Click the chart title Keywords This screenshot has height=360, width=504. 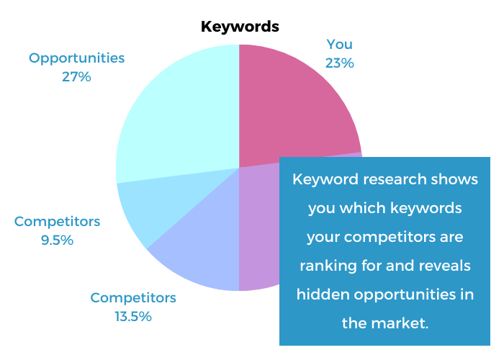pos(240,27)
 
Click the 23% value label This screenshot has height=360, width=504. pos(339,63)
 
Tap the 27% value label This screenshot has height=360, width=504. pos(76,77)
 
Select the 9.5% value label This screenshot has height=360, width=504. pos(57,240)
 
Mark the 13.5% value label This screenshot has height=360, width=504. pos(133,317)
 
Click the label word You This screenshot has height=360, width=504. pos(339,45)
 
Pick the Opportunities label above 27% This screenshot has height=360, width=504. pos(76,59)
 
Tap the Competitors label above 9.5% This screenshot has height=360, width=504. pos(57,222)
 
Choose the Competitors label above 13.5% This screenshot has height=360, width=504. pos(133,298)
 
